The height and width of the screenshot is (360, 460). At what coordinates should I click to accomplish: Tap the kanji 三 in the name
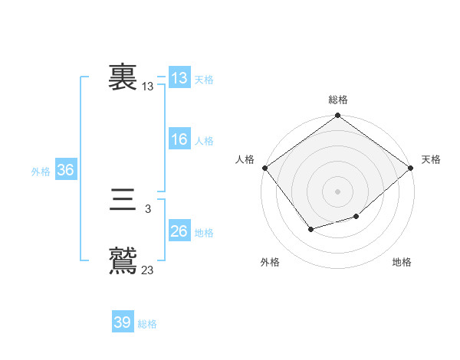coord(123,202)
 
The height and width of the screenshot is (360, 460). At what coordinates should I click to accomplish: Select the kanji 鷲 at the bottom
coord(123,260)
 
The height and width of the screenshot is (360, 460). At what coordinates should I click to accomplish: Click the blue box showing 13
coord(179,78)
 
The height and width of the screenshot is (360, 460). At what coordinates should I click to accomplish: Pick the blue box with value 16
coord(179,140)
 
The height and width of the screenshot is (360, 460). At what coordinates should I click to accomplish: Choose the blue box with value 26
coord(179,231)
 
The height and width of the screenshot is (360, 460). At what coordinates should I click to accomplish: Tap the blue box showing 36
coord(65,170)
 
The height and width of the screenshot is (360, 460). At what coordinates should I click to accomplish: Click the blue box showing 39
coord(123,322)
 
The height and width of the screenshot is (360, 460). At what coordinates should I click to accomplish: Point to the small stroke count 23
coord(148,270)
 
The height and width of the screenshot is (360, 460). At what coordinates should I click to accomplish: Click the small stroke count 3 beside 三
coord(147,209)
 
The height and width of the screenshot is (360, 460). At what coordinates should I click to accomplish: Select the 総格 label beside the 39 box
coord(147,324)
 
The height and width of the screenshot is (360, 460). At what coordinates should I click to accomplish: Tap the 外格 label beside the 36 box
coord(41,172)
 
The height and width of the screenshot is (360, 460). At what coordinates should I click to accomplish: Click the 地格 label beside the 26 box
coord(204,233)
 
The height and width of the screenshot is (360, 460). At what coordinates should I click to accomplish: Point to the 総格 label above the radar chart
coord(338,100)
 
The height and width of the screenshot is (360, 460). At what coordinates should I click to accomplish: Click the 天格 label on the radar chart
coord(431,159)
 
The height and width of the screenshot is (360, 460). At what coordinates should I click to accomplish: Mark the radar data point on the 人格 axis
coord(264,168)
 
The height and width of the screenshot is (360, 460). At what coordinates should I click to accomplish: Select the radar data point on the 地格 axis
coord(356,217)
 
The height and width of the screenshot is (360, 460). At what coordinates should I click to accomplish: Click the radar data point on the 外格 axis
coord(310,229)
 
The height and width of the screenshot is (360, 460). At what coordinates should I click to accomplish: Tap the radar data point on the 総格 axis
coord(338,116)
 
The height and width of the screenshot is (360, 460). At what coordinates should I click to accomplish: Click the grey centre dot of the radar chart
coord(338,191)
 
